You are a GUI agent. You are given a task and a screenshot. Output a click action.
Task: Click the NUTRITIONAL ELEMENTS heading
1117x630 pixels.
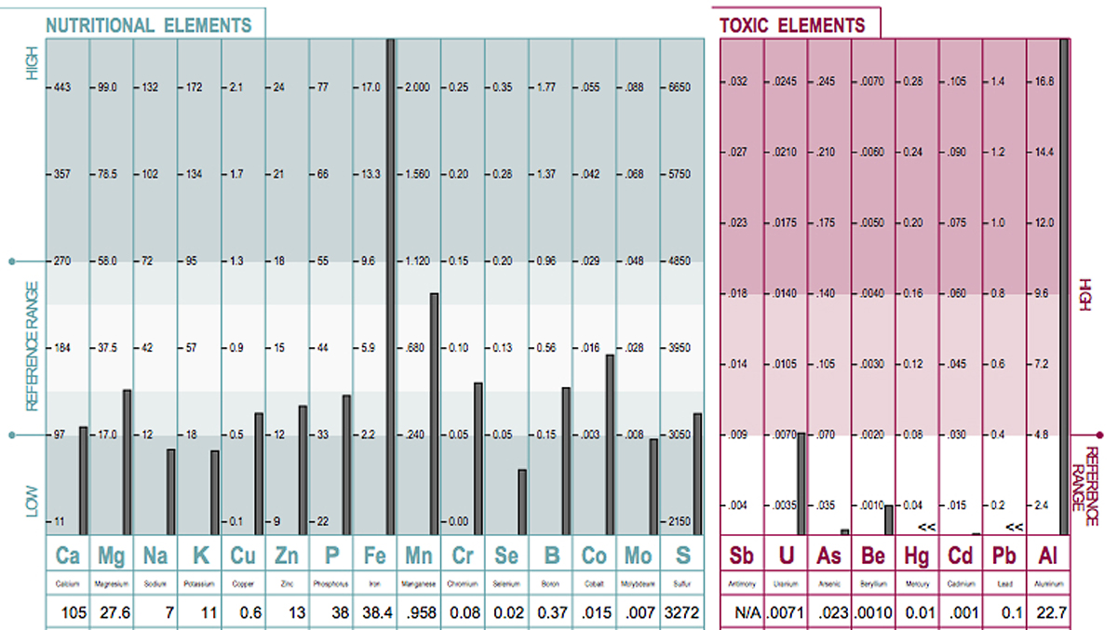tap(149, 26)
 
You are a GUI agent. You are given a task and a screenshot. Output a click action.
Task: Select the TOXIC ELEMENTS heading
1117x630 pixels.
tap(792, 26)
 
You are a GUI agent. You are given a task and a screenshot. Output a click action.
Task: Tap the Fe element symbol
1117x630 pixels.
tap(374, 556)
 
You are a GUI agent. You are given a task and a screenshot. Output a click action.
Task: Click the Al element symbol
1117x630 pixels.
tap(1047, 556)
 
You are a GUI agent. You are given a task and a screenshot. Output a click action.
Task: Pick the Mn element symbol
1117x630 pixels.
tap(418, 556)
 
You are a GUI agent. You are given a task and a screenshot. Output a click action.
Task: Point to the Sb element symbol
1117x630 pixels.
tap(741, 556)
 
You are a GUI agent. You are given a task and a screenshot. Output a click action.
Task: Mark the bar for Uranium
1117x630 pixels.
tap(801, 484)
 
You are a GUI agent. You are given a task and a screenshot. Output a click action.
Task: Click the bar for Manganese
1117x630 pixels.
tap(435, 414)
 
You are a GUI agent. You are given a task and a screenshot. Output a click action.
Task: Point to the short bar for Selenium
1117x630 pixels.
tap(522, 503)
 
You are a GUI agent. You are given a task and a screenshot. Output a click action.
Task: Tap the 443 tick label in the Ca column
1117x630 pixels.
tap(63, 87)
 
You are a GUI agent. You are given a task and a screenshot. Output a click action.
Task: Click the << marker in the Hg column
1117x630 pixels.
tap(925, 527)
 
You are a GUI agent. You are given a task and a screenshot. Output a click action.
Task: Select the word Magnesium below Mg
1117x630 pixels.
tap(112, 584)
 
